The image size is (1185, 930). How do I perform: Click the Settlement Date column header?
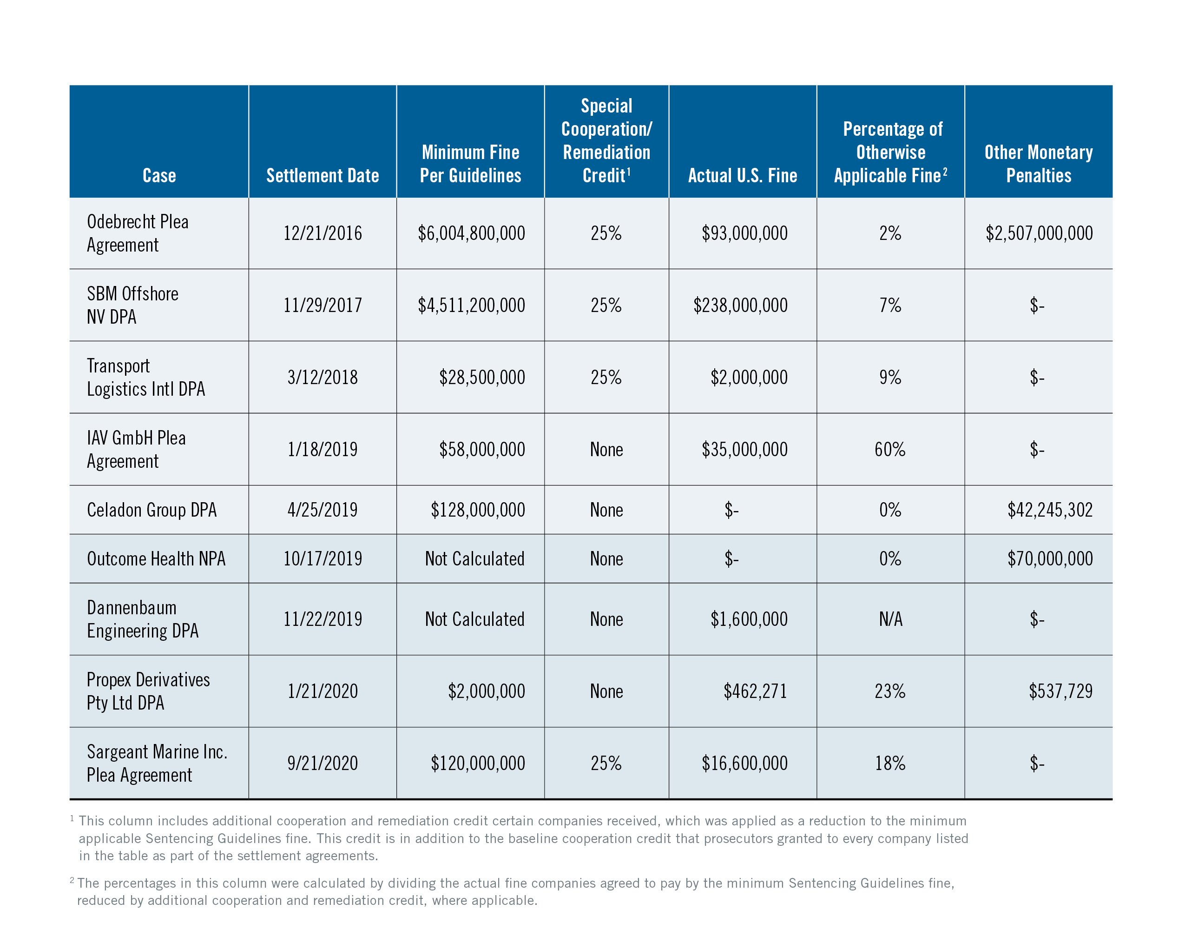point(322,175)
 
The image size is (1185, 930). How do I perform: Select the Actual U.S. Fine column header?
point(742,175)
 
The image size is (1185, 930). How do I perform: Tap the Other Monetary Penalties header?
point(1038,163)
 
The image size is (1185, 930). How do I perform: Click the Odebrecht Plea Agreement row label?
point(138,233)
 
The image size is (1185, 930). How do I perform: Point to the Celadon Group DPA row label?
point(152,510)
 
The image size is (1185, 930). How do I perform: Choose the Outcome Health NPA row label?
point(156,558)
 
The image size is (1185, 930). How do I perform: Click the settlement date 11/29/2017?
point(323,305)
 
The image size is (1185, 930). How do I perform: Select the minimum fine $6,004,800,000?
point(471,233)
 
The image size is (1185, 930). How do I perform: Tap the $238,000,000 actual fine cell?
point(740,305)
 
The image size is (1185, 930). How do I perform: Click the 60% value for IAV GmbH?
point(890,449)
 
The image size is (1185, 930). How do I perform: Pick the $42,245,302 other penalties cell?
point(1049,510)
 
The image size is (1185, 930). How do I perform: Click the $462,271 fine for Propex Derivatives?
point(755,691)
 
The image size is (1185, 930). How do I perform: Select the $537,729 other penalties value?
point(1060,691)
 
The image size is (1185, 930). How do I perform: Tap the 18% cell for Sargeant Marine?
point(890,764)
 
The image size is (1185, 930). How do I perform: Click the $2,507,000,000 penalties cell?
point(1039,233)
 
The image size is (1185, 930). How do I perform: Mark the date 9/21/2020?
point(323,764)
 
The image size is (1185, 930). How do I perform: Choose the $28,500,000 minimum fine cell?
point(482,377)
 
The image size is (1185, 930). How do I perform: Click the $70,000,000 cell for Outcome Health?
point(1049,558)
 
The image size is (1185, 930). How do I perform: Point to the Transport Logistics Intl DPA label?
point(146,377)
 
